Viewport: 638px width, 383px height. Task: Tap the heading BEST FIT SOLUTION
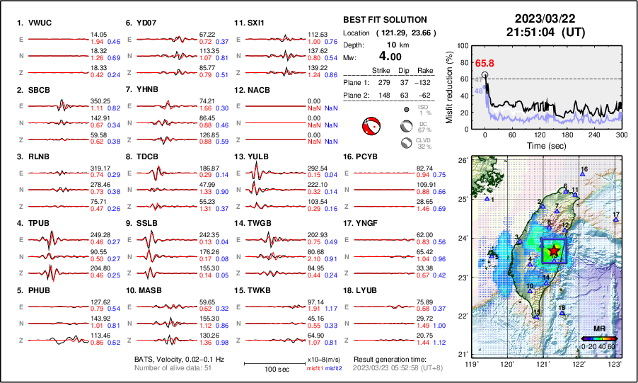384,20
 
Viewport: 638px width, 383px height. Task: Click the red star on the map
554,250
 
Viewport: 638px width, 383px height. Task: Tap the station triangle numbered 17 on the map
615,221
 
